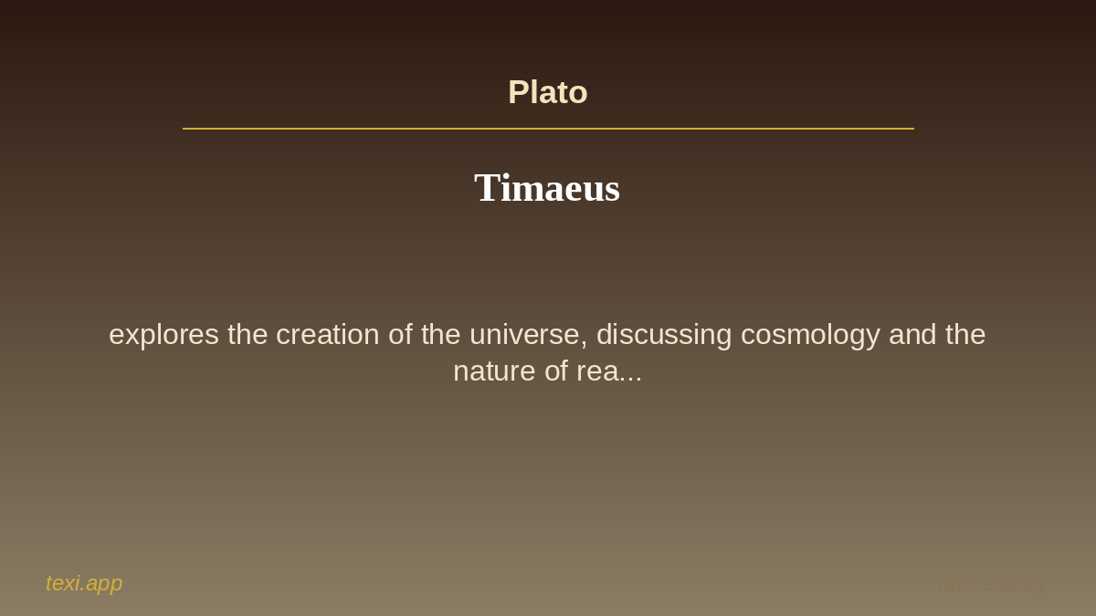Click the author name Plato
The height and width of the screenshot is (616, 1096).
pyautogui.click(x=547, y=92)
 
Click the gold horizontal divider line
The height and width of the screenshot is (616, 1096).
pyautogui.click(x=548, y=129)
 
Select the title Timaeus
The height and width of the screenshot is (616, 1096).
pyautogui.click(x=547, y=188)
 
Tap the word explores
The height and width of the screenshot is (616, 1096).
pyautogui.click(x=163, y=335)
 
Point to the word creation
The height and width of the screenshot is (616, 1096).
pyautogui.click(x=327, y=335)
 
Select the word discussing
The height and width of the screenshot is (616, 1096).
pyautogui.click(x=664, y=335)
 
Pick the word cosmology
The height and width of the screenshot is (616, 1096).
pyautogui.click(x=810, y=335)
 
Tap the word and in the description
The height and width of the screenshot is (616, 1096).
pyautogui.click(x=912, y=335)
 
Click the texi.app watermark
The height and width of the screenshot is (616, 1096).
pyautogui.click(x=84, y=583)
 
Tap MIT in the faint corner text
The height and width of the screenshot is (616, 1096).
pyautogui.click(x=955, y=583)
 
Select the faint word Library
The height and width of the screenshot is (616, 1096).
pyautogui.click(x=1015, y=583)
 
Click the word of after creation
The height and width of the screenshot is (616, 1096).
pyautogui.click(x=400, y=335)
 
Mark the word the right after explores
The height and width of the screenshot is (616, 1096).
pyautogui.click(x=248, y=335)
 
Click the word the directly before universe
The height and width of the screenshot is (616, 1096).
pyautogui.click(x=441, y=335)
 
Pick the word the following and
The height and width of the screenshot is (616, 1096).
pyautogui.click(x=965, y=335)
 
